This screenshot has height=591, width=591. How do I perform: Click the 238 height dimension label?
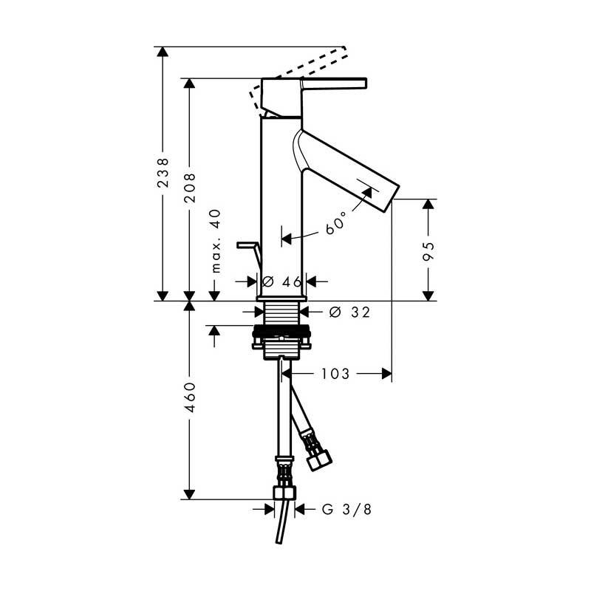[x=163, y=173]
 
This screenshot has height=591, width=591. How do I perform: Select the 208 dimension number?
[x=190, y=188]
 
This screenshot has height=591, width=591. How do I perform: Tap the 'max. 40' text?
[x=216, y=241]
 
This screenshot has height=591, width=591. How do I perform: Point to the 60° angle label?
[x=335, y=222]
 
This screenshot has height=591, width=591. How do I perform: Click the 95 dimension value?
[x=428, y=251]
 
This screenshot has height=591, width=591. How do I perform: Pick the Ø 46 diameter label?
[x=281, y=281]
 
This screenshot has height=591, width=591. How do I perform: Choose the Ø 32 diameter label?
[x=349, y=312]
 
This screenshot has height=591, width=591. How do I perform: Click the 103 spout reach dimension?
[x=335, y=374]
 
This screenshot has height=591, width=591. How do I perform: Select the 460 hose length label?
[x=190, y=397]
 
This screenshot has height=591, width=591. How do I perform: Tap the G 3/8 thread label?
[x=346, y=509]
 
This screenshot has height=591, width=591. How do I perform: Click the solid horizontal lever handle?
[x=334, y=83]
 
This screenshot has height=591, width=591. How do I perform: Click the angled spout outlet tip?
[x=392, y=197]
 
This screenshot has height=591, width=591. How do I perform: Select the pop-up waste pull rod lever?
[x=249, y=255]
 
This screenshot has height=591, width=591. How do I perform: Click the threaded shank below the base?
[x=282, y=313]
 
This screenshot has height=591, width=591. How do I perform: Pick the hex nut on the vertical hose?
[x=284, y=493]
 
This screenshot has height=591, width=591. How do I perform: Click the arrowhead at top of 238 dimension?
[x=163, y=52]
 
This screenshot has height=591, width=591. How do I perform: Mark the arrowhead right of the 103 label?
[x=386, y=374]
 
